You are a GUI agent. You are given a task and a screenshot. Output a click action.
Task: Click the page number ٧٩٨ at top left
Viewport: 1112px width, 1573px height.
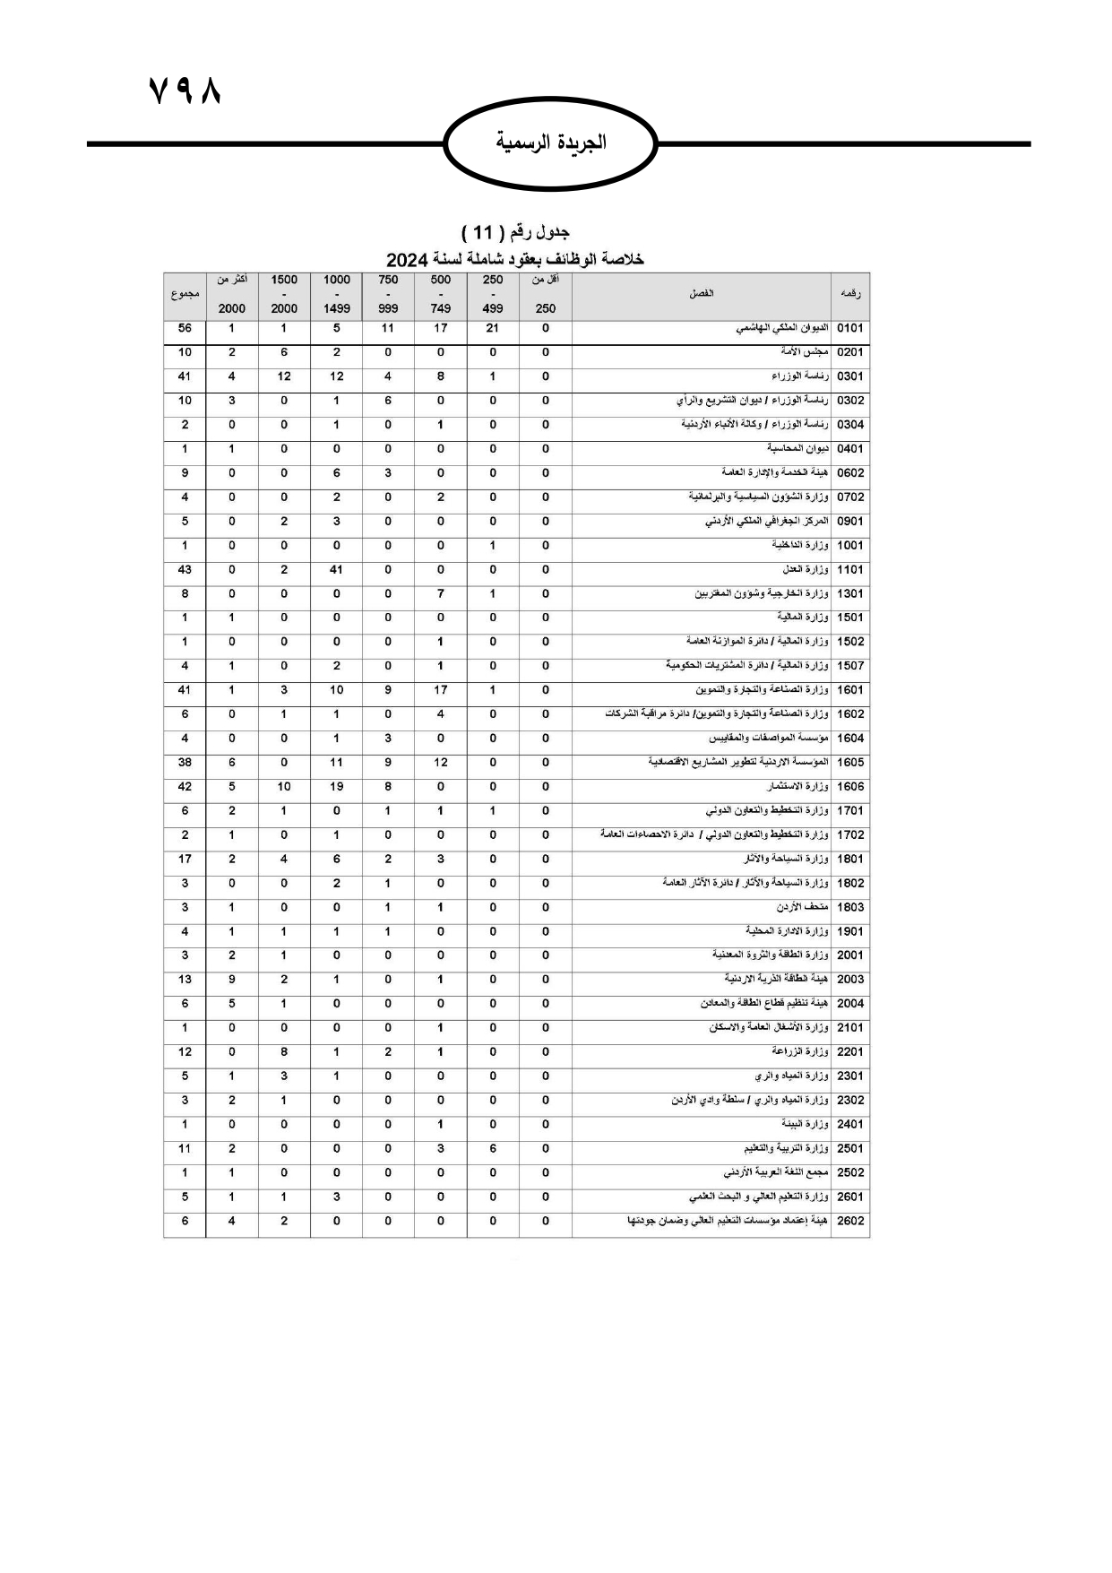tap(184, 90)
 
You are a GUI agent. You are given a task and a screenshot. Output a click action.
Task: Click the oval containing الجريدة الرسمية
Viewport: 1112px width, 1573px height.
tap(551, 143)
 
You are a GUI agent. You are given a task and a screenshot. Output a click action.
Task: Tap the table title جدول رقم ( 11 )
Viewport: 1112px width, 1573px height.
tap(516, 233)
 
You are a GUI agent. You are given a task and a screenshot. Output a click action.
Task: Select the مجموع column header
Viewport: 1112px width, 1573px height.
tap(185, 294)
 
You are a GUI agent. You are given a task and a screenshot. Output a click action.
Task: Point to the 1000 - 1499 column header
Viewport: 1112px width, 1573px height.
tap(336, 294)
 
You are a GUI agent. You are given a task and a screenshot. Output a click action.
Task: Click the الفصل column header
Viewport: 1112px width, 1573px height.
tap(701, 294)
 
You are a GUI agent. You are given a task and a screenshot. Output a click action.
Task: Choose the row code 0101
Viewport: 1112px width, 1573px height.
tap(849, 329)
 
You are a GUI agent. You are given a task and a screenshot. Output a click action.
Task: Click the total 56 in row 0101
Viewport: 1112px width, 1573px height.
tap(185, 329)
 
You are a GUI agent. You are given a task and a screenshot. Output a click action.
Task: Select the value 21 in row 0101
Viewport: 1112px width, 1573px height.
tap(492, 329)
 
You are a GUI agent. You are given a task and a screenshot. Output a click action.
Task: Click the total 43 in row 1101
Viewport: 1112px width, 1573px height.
tap(185, 570)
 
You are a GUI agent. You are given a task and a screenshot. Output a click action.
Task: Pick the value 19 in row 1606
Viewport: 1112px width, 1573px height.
tap(336, 787)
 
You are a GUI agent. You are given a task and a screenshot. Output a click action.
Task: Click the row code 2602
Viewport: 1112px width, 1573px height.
tap(849, 1221)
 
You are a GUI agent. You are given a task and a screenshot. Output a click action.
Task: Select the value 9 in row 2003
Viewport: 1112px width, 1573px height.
tap(231, 980)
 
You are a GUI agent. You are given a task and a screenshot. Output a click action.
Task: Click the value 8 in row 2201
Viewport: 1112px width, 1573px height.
tap(284, 1052)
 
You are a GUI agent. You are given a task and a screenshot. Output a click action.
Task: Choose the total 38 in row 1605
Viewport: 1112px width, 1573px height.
tap(185, 763)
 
